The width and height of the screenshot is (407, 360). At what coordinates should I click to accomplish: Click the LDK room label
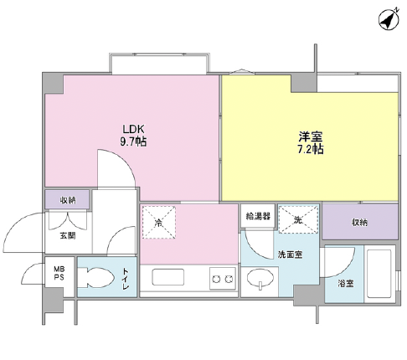pyautogui.click(x=134, y=130)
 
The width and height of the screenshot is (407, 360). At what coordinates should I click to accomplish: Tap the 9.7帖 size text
pyautogui.click(x=134, y=142)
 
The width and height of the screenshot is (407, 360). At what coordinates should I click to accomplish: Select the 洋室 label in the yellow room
pyautogui.click(x=310, y=136)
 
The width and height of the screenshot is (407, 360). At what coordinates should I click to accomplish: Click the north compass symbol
pyautogui.click(x=387, y=18)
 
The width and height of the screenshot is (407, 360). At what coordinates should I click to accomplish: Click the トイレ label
pyautogui.click(x=126, y=277)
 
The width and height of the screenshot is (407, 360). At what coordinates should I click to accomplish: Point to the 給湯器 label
pyautogui.click(x=257, y=216)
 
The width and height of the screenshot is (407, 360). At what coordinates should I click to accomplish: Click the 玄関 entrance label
pyautogui.click(x=67, y=236)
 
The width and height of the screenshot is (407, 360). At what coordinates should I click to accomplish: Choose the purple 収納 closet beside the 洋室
pyautogui.click(x=359, y=222)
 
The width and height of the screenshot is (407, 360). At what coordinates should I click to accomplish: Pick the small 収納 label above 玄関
pyautogui.click(x=67, y=200)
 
